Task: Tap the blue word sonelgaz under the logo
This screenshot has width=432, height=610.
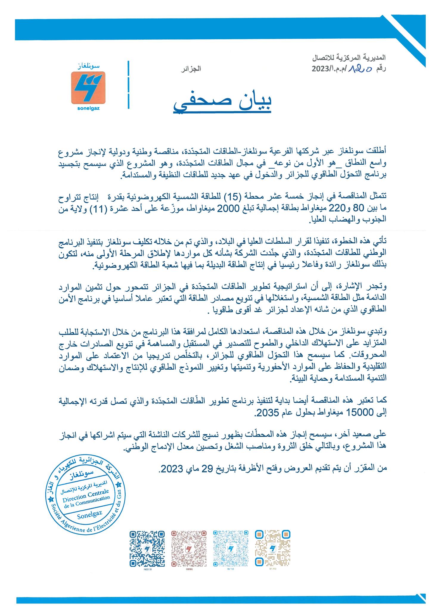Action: (88, 108)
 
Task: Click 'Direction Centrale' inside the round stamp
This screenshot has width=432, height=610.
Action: (85, 497)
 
